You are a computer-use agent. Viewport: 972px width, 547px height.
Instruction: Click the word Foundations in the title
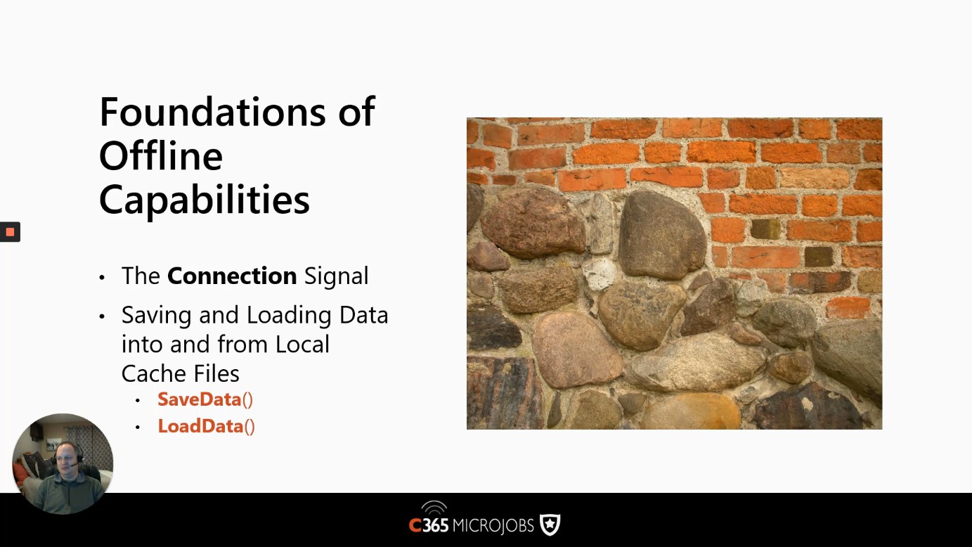pyautogui.click(x=213, y=112)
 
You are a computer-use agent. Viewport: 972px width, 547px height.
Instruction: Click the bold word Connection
pyautogui.click(x=232, y=276)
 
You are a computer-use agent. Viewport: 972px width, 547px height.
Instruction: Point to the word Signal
pyautogui.click(x=336, y=277)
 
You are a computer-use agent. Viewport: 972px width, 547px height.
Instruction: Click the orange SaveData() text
pyautogui.click(x=205, y=400)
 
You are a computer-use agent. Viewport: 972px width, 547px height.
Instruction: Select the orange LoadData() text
pyautogui.click(x=206, y=426)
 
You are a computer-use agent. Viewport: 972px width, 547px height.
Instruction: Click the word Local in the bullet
pyautogui.click(x=302, y=345)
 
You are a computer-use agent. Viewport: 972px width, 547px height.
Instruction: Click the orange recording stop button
pyautogui.click(x=11, y=232)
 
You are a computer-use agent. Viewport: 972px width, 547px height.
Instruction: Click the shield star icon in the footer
pyautogui.click(x=550, y=525)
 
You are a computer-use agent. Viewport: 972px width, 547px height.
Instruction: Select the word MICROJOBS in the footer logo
pyautogui.click(x=493, y=526)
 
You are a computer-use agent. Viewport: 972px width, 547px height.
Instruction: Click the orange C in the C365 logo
pyautogui.click(x=415, y=525)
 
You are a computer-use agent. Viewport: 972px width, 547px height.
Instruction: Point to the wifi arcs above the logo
pyautogui.click(x=434, y=508)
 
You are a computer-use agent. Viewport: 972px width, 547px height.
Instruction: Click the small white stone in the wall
pyautogui.click(x=600, y=274)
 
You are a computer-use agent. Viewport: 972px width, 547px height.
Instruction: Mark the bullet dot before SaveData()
pyautogui.click(x=138, y=401)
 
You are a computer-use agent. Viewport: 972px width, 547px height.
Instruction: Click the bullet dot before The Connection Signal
pyautogui.click(x=102, y=278)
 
